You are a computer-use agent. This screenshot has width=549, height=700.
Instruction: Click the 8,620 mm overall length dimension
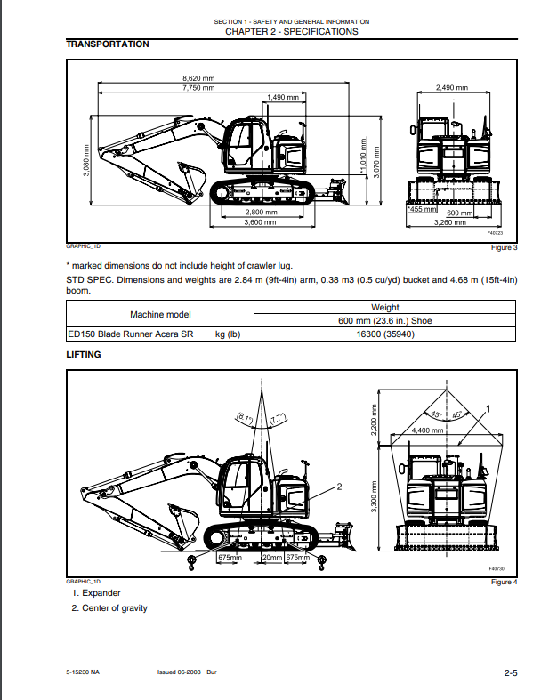click(x=198, y=78)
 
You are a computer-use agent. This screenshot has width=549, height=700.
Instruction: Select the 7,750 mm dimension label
click(x=198, y=88)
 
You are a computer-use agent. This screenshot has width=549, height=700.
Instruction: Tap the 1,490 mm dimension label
click(x=283, y=97)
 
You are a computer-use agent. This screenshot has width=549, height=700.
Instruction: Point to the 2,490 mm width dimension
click(x=452, y=88)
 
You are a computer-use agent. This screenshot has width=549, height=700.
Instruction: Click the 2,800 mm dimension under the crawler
click(x=262, y=213)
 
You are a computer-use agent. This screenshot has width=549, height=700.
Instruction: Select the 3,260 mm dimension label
click(x=449, y=222)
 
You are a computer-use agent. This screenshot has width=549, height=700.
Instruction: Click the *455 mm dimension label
click(x=422, y=210)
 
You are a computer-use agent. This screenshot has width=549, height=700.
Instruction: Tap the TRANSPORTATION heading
click(x=108, y=44)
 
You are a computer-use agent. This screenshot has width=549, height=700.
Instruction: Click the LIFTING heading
click(x=84, y=355)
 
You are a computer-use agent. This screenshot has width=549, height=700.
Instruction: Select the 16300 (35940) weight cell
click(x=385, y=334)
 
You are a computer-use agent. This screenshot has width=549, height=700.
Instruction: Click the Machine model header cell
click(x=160, y=314)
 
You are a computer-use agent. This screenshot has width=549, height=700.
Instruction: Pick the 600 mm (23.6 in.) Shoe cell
click(x=385, y=321)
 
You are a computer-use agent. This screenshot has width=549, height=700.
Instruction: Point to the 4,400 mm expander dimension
click(x=427, y=430)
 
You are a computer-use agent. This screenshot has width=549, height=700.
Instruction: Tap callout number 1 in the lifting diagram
click(x=488, y=408)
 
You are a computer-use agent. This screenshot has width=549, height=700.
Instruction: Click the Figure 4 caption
click(x=503, y=582)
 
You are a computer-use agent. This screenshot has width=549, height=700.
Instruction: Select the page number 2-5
click(x=511, y=673)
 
